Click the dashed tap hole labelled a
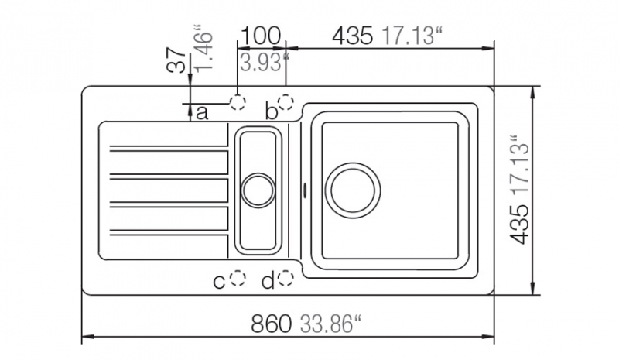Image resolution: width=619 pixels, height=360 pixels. click(x=238, y=102)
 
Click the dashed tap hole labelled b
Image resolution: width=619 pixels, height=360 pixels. click(x=286, y=102)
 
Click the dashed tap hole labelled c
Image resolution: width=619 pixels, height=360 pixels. click(x=238, y=278)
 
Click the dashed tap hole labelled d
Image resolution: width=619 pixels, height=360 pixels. click(x=286, y=278)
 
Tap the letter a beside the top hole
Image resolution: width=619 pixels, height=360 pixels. click(x=202, y=113)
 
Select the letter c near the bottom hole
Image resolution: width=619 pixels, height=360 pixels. click(x=219, y=282)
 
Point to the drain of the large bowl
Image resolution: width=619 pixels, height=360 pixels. click(x=353, y=190)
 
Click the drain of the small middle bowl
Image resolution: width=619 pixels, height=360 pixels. click(x=258, y=190)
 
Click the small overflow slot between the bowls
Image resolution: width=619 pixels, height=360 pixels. click(x=304, y=189)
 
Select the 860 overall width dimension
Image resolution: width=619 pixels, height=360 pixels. click(x=272, y=324)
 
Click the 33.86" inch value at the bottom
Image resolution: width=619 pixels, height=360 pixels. click(x=331, y=324)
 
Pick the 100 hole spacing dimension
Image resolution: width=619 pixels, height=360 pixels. click(x=260, y=36)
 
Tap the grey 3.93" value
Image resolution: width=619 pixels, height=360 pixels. click(x=264, y=63)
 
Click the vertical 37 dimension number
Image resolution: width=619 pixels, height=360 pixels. click(x=176, y=60)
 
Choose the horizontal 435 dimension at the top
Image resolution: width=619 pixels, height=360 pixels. click(x=352, y=36)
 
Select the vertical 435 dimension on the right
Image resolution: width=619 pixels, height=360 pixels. click(x=519, y=225)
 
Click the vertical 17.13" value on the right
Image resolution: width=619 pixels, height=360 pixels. click(x=519, y=166)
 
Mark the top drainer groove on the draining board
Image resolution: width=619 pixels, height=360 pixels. click(x=169, y=149)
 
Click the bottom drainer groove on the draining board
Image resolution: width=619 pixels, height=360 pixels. click(x=169, y=233)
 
